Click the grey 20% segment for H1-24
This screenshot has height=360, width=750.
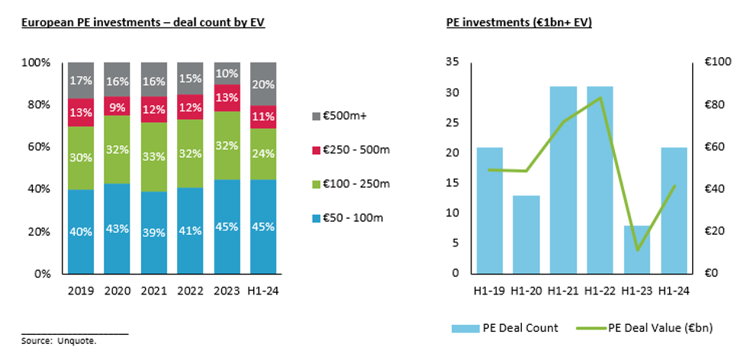click(265, 83)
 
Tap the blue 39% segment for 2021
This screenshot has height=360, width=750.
click(154, 232)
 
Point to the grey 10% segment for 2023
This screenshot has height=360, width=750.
click(228, 73)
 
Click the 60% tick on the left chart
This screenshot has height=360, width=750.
click(40, 146)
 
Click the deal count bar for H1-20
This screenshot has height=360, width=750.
click(526, 234)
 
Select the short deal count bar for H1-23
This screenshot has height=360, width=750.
click(636, 249)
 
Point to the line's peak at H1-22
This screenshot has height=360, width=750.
click(600, 98)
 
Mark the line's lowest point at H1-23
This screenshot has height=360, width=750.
click(637, 250)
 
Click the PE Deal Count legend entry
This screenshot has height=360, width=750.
click(512, 328)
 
